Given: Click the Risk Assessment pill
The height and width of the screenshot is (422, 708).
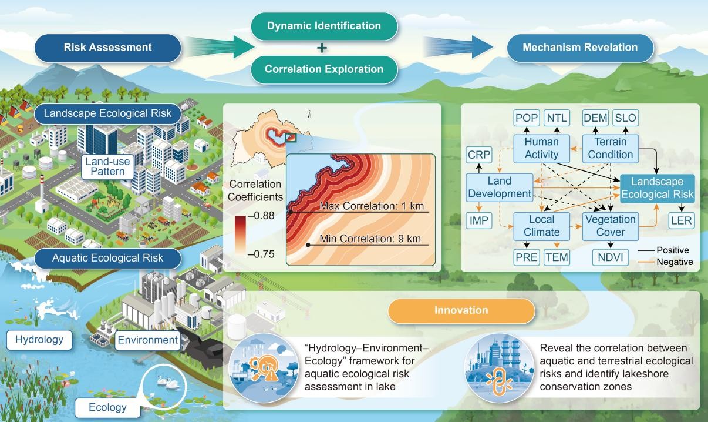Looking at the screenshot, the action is click(108, 48).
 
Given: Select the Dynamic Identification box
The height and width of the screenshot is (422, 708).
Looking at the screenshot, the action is click(324, 26).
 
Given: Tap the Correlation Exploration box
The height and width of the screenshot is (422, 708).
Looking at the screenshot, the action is click(324, 69).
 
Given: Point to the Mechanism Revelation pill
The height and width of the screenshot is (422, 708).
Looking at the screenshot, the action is click(580, 48).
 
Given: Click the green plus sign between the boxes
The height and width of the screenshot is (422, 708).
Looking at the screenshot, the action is click(322, 48).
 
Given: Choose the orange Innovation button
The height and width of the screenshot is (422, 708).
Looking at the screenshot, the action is click(461, 310).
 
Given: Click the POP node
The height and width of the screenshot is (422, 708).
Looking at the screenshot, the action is click(526, 118).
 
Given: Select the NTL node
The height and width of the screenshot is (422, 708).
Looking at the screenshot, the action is click(557, 118).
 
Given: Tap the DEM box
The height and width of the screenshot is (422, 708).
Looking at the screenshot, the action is click(595, 118).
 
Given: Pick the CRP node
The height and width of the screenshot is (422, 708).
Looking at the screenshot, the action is click(479, 155).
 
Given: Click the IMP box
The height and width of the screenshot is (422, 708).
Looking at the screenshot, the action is click(479, 220).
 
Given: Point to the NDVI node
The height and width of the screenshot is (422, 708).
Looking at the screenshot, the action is click(611, 257).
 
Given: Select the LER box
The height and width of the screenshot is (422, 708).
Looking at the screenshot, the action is click(682, 220).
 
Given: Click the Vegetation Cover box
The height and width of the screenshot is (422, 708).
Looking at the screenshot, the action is click(611, 226).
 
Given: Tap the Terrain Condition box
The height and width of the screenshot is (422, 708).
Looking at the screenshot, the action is click(611, 149).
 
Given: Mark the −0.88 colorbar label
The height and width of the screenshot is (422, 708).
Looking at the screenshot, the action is click(261, 216).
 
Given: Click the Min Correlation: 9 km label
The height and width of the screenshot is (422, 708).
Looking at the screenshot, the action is click(370, 239).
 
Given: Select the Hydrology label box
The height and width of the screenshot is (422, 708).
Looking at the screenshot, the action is click(39, 340).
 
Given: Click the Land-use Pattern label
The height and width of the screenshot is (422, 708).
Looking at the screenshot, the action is click(107, 167).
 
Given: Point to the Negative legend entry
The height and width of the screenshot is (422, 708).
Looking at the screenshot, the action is click(665, 262).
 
